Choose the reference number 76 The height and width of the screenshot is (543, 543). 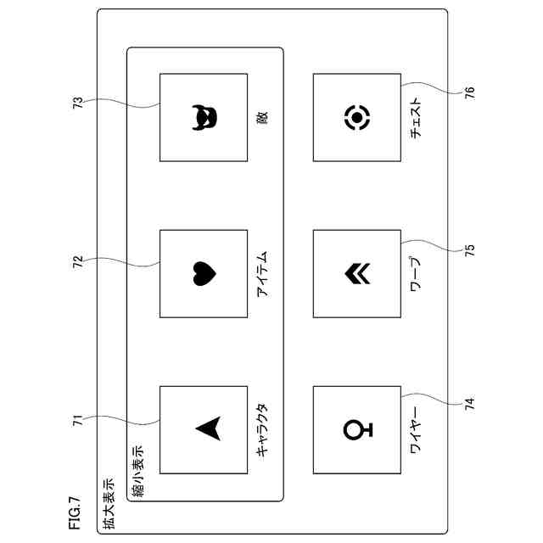469,92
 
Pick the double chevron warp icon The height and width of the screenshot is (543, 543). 355,273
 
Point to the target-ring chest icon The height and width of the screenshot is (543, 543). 357,117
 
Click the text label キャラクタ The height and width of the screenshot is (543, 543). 262,429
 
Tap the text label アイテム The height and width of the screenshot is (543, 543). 262,274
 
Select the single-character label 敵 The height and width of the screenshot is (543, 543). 262,119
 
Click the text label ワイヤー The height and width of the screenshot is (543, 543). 416,429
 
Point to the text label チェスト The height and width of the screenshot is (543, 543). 416,119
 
